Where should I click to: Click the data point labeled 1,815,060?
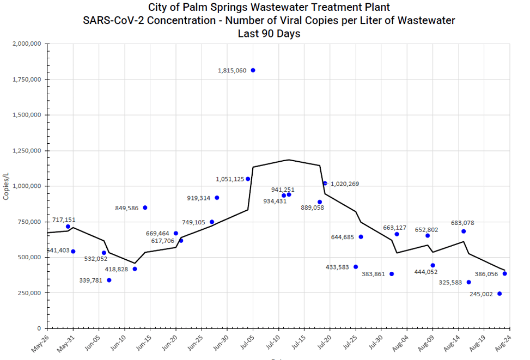coord(253,70)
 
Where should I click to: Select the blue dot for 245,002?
coord(499,294)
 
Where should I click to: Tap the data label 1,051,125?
coord(230,179)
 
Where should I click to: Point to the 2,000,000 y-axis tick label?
coord(27,44)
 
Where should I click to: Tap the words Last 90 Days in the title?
coord(269,33)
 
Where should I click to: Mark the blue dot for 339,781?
coord(109,280)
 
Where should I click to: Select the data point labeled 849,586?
coord(145,208)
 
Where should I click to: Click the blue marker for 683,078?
coord(464,231)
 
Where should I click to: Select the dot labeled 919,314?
coord(217,198)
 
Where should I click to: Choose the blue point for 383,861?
coord(392,274)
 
